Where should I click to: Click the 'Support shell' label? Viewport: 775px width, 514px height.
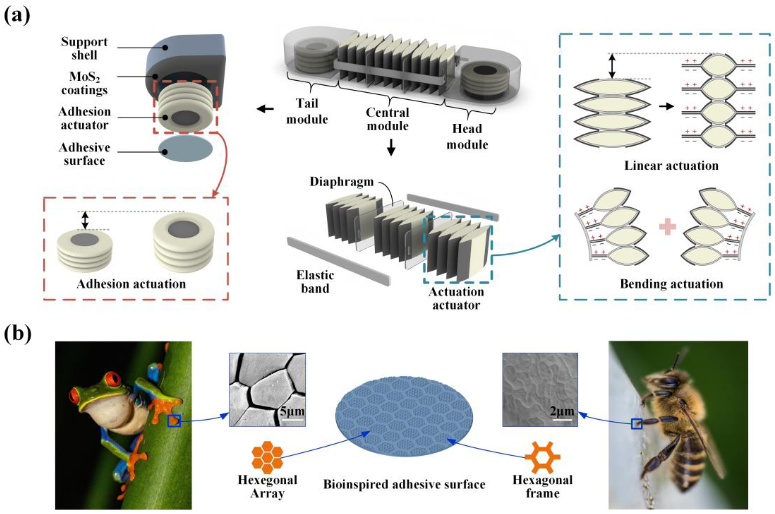click(x=84, y=48)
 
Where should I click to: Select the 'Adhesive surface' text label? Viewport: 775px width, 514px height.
click(x=84, y=154)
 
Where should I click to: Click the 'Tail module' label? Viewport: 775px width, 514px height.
click(x=307, y=111)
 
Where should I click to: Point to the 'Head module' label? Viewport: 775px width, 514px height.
click(x=467, y=136)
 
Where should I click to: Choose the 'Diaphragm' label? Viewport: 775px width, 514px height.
click(x=342, y=182)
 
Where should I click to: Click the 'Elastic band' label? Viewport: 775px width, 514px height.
click(x=315, y=282)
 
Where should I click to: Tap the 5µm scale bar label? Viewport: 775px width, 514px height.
click(x=291, y=411)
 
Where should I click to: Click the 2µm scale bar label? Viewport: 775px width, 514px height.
click(x=562, y=411)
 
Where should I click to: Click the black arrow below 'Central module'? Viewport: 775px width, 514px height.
click(x=391, y=148)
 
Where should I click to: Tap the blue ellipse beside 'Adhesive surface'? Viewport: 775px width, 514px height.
click(x=185, y=149)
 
